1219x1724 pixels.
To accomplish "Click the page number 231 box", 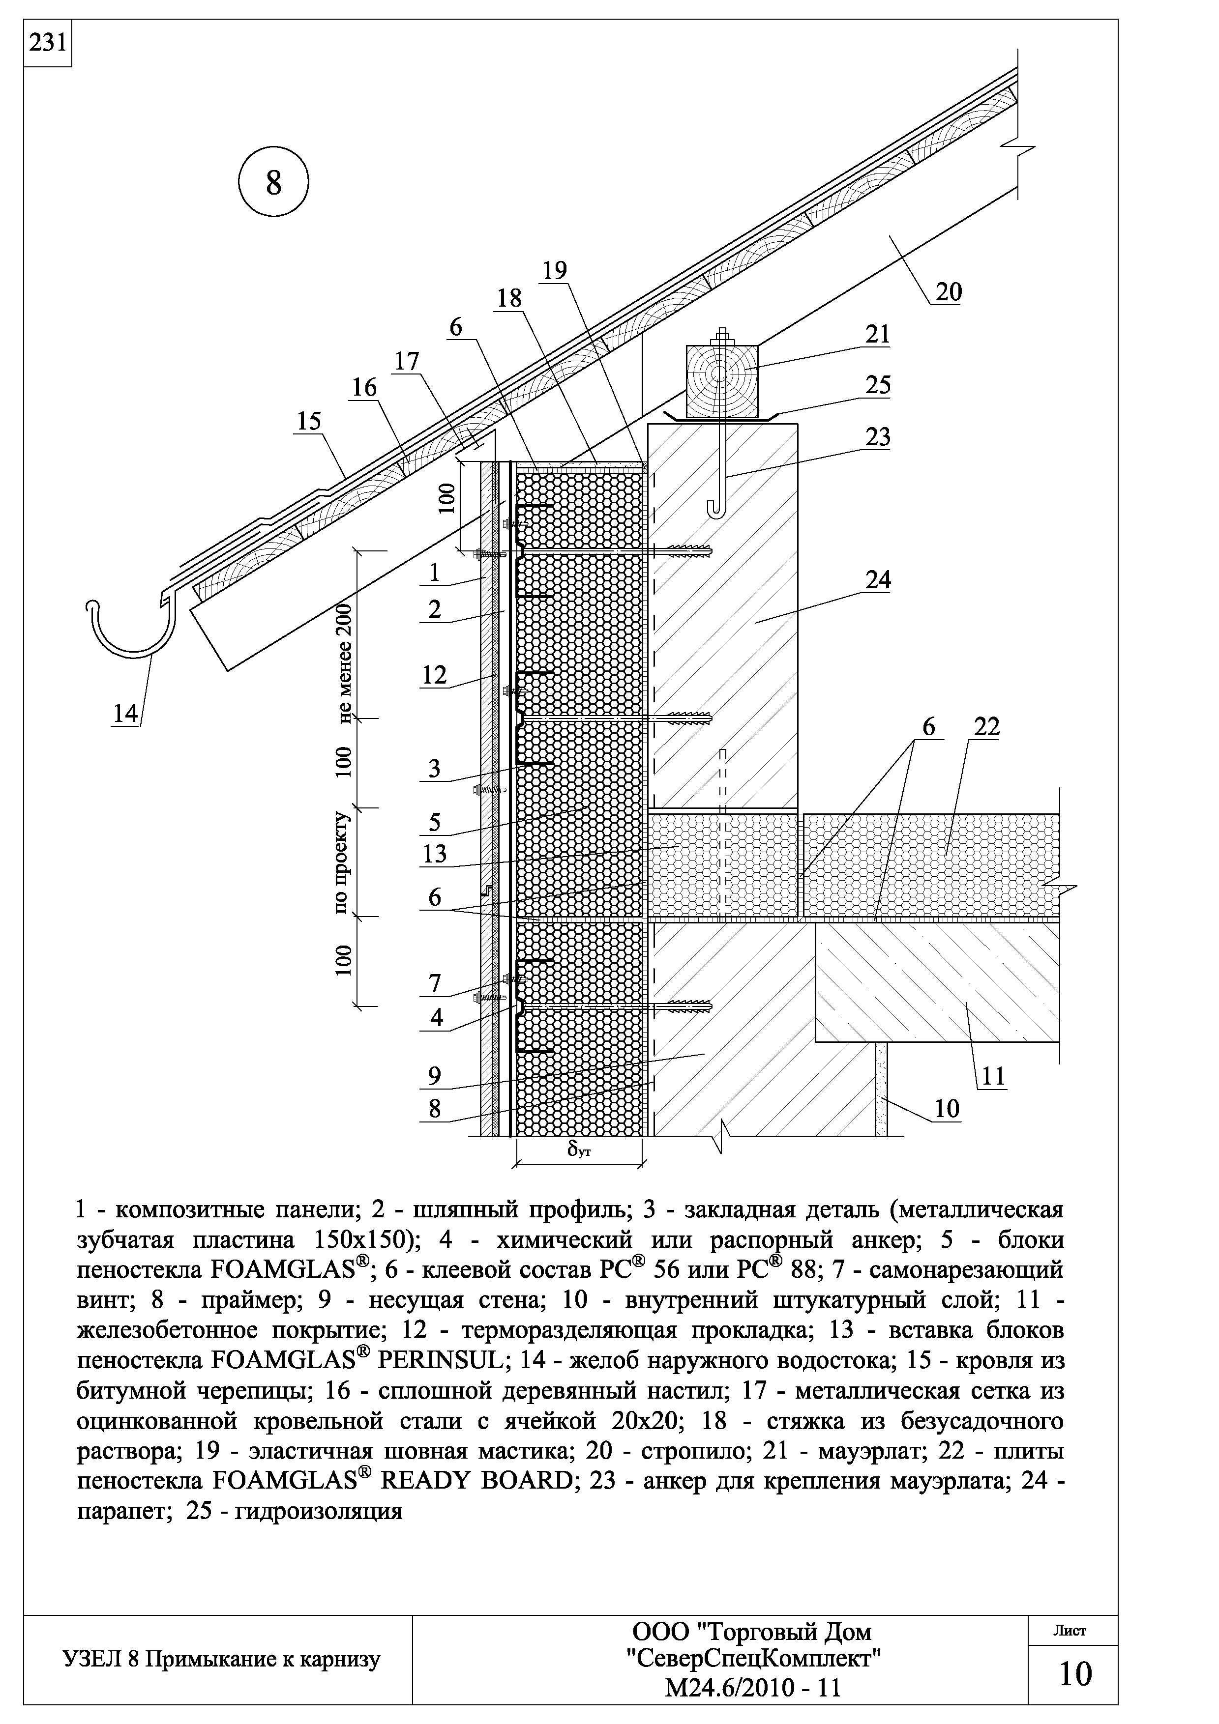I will [47, 44].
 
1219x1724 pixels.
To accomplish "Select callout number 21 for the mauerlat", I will [877, 334].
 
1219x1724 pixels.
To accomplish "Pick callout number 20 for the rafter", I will [948, 291].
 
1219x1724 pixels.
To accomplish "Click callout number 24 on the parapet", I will [877, 580].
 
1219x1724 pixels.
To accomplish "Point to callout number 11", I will [993, 1077].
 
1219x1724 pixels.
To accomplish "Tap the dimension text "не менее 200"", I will [345, 662].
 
